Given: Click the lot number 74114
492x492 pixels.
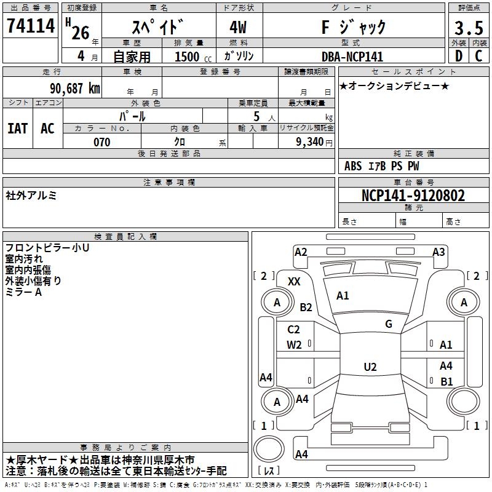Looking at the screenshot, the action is [31, 26].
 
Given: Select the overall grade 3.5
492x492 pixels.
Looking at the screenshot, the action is [469, 28].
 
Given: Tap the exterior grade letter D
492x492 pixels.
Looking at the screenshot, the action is [459, 56].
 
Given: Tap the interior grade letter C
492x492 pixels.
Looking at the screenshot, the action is [478, 56].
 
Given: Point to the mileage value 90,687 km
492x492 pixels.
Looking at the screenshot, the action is [74, 89].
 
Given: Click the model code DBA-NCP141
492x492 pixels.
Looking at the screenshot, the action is [352, 57].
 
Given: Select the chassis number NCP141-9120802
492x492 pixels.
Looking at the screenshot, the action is [413, 196].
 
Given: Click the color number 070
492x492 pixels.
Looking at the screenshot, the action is [102, 142].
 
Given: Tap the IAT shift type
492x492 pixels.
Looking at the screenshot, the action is [18, 129].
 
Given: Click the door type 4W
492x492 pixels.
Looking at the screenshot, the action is [238, 27].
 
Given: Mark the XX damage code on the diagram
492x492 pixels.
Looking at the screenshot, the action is [294, 282].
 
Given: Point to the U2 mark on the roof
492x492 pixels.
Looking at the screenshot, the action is [370, 367].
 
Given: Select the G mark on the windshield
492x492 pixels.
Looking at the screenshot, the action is [389, 324].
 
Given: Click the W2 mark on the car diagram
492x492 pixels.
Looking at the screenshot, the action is [294, 345].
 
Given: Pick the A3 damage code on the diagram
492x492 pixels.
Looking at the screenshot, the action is [438, 252].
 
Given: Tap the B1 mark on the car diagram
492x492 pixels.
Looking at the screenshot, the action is [446, 381].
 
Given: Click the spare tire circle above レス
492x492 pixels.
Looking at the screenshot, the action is [269, 449].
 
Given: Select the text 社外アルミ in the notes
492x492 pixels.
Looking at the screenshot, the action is [31, 196].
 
